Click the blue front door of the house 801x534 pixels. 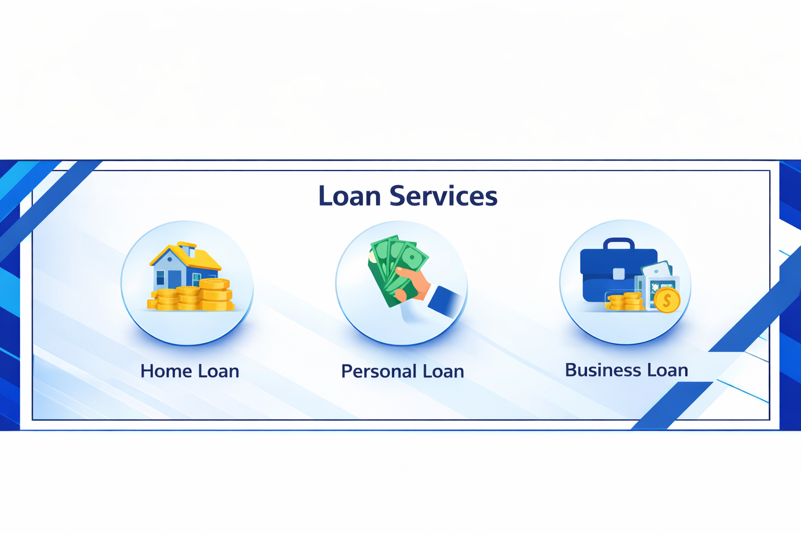(174, 279)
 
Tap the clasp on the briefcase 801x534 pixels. (618, 274)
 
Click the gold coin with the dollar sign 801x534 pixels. (666, 301)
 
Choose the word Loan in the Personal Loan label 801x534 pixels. (443, 371)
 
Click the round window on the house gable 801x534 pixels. (169, 259)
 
